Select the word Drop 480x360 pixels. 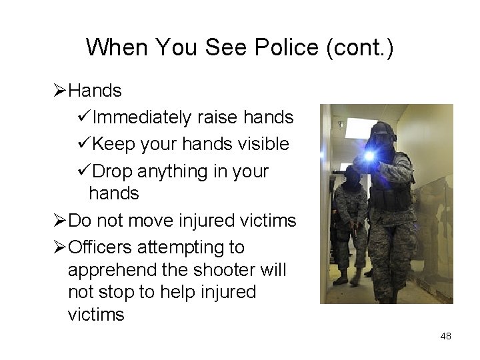[114, 171]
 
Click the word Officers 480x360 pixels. [103, 247]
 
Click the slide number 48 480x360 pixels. [445, 337]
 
